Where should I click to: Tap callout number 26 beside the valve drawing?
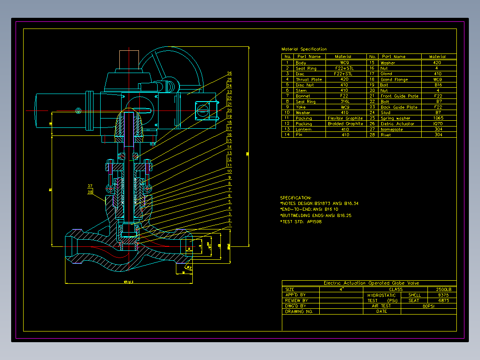(229, 74)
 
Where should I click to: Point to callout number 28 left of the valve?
(90, 192)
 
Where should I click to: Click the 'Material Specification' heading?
(304, 49)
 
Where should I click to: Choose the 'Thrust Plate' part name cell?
(309, 79)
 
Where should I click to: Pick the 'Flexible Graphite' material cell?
(345, 118)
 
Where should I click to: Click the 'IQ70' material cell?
(438, 124)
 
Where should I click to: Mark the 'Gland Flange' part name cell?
(394, 79)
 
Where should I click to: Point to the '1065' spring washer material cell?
(438, 118)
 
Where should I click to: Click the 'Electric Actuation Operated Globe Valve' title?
(371, 283)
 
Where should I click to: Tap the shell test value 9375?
(443, 295)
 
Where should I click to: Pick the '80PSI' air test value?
(428, 306)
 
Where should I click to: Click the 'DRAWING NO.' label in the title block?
(299, 311)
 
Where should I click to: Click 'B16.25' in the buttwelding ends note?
(342, 216)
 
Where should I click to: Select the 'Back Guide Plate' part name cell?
(399, 107)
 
